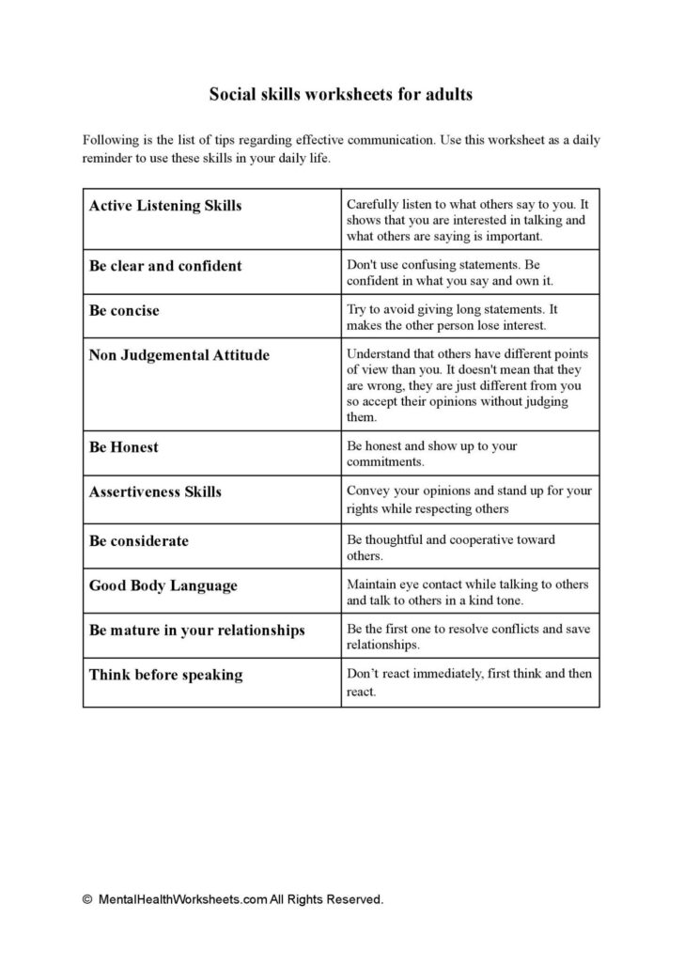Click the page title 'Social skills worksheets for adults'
pyautogui.click(x=341, y=94)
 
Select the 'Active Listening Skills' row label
pyautogui.click(x=164, y=205)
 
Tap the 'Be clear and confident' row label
pyautogui.click(x=165, y=266)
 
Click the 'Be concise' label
pyautogui.click(x=124, y=310)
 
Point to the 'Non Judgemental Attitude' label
pyautogui.click(x=179, y=355)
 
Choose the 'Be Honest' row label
pyautogui.click(x=123, y=447)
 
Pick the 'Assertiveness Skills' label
pyautogui.click(x=155, y=491)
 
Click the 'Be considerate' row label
pyautogui.click(x=139, y=540)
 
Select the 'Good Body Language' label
pyautogui.click(x=163, y=585)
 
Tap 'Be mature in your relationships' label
pyautogui.click(x=196, y=631)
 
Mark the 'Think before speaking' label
pyautogui.click(x=165, y=675)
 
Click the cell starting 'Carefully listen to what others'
pyautogui.click(x=467, y=220)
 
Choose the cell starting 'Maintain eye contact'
pyautogui.click(x=467, y=592)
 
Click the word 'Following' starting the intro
pyautogui.click(x=109, y=140)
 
